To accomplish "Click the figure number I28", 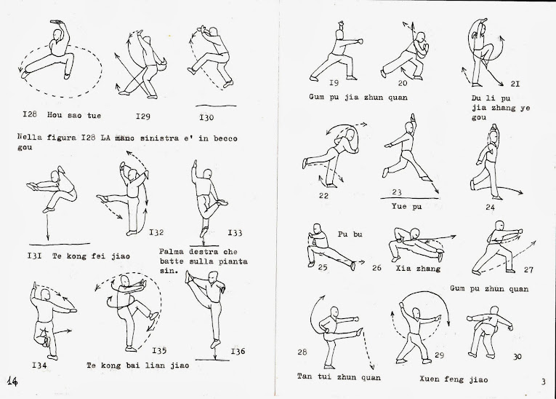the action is click(x=30, y=114).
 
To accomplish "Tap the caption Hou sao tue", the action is click(x=74, y=116).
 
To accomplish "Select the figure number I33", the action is click(x=235, y=233).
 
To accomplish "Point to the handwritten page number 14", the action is click(x=12, y=382).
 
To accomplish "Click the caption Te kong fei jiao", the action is click(x=91, y=256).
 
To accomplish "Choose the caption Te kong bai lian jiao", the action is click(x=138, y=366).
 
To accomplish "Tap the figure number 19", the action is click(x=334, y=83).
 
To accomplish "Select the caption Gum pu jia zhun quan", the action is click(x=358, y=98).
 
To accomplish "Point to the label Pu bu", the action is click(x=350, y=234).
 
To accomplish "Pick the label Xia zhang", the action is click(x=418, y=269).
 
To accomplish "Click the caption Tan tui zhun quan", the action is click(x=339, y=376).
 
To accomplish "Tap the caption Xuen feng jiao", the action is click(x=454, y=379).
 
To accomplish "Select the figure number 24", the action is click(x=490, y=207).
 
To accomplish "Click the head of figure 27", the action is click(x=499, y=225).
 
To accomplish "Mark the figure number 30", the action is click(x=517, y=356).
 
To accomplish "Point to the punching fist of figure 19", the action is click(x=361, y=42).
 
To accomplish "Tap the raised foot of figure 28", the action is click(x=360, y=332).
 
